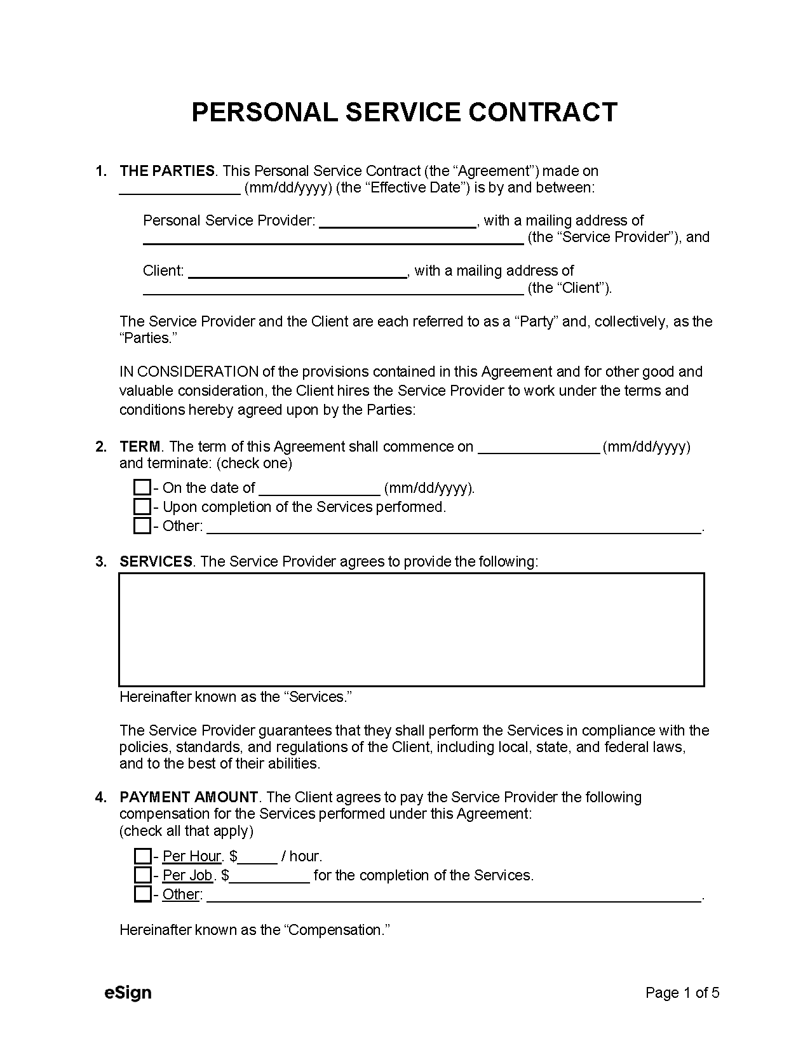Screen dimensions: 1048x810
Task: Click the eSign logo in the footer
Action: click(x=128, y=992)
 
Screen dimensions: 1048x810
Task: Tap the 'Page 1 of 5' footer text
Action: click(x=682, y=993)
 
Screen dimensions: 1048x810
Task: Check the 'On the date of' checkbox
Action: click(x=142, y=488)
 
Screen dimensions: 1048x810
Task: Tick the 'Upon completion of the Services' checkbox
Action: click(x=142, y=507)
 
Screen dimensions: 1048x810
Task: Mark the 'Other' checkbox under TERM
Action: click(x=142, y=526)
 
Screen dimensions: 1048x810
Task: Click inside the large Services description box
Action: click(x=411, y=629)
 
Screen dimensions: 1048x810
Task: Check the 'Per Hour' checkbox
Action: click(x=142, y=856)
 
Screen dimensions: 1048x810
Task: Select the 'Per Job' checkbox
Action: click(x=142, y=875)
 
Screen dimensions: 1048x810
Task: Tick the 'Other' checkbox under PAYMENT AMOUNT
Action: click(x=142, y=894)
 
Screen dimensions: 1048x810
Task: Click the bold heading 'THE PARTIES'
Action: click(x=167, y=171)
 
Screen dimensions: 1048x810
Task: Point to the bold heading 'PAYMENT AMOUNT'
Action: click(x=189, y=797)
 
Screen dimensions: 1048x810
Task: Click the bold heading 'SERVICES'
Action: click(x=156, y=561)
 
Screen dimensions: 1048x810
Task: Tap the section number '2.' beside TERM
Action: click(x=101, y=447)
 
